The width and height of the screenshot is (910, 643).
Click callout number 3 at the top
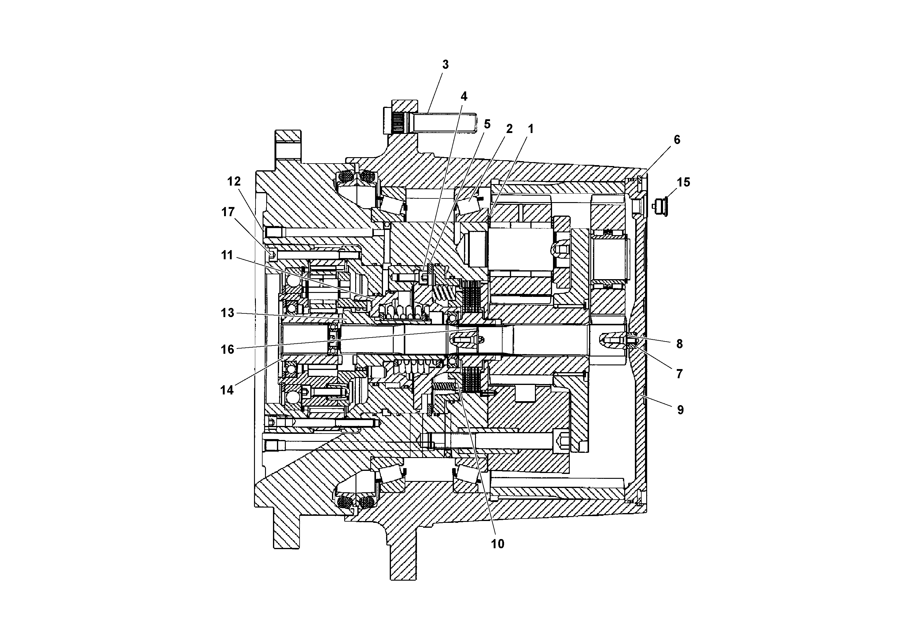[x=445, y=65]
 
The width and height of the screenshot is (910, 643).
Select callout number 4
[x=464, y=96]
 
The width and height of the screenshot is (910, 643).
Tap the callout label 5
[x=487, y=124]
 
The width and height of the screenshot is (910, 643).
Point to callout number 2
[x=509, y=128]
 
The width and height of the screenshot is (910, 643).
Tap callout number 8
[x=679, y=344]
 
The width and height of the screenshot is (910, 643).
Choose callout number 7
[x=679, y=374]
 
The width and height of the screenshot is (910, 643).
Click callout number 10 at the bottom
[x=498, y=544]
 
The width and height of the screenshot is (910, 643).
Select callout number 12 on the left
[x=234, y=181]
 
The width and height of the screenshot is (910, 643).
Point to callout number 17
[x=228, y=212]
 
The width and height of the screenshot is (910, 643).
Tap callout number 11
[x=227, y=255]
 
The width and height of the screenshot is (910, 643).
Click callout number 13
[x=227, y=313]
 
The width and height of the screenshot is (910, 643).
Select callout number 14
[x=227, y=390]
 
